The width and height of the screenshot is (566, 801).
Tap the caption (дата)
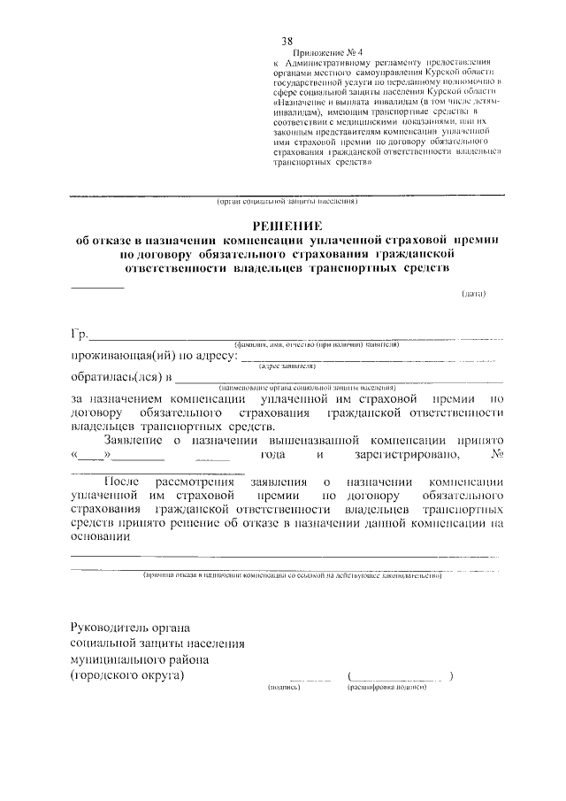pos(473,294)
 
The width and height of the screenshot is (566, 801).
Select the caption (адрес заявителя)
pos(287,366)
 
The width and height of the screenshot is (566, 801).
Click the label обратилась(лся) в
pos(120,380)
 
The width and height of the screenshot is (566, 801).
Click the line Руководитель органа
pos(130,626)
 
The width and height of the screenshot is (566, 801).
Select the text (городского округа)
pos(128,675)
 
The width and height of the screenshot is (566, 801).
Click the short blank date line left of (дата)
pos(97,287)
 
